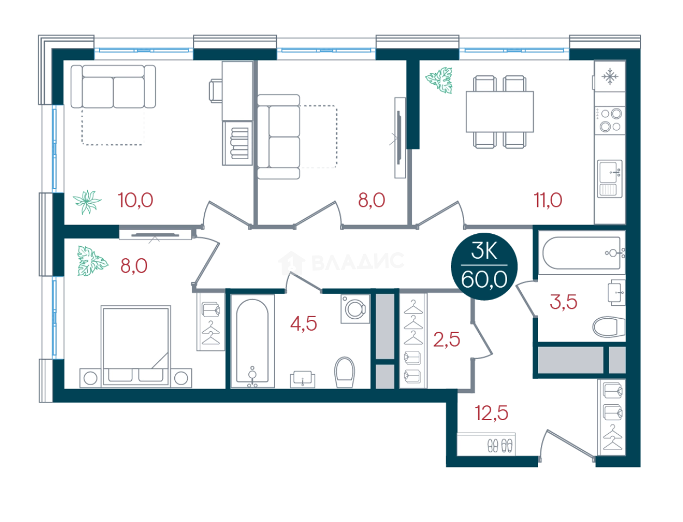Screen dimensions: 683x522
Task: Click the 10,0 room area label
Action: point(136,200)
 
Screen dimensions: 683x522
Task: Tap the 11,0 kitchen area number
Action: point(547,200)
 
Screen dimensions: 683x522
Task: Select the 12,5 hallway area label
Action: point(491,413)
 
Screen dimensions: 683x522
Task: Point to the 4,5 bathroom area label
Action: point(303,324)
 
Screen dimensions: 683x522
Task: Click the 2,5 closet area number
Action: point(447,339)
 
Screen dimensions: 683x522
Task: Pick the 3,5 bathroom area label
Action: point(563,302)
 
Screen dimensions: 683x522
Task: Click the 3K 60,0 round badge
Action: point(484,266)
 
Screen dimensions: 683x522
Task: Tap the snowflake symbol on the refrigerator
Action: point(609,76)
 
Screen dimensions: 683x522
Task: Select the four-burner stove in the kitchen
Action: point(610,120)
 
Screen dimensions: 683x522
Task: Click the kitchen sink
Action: point(609,179)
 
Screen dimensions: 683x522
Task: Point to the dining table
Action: point(499,112)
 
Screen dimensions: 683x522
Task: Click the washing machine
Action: point(355,309)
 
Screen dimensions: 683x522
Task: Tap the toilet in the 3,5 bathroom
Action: point(608,327)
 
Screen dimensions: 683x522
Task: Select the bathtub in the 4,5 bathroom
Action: point(252,342)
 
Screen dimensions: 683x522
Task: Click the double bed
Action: point(136,346)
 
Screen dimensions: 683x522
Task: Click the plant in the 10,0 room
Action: point(87,202)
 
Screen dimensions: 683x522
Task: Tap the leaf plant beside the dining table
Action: point(439,80)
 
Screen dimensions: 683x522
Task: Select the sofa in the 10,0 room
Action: point(113,87)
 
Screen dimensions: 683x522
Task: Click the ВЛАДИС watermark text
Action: point(358,262)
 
